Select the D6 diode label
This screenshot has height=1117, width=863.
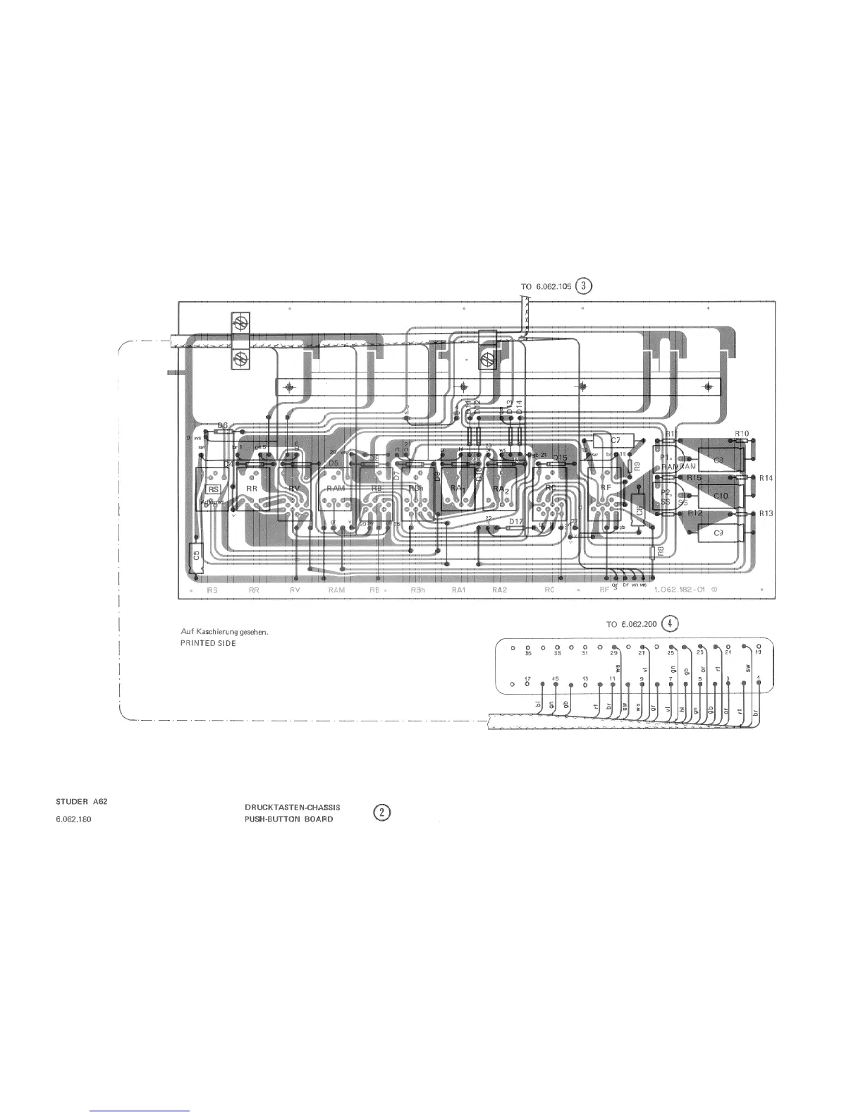point(223,425)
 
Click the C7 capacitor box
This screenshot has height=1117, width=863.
point(615,440)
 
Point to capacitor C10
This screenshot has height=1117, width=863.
point(721,496)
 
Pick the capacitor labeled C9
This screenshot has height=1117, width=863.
point(718,533)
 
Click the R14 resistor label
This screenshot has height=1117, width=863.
point(766,478)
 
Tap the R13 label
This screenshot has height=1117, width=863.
point(766,513)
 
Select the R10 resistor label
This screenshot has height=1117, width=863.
point(741,434)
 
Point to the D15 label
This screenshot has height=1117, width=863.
point(560,458)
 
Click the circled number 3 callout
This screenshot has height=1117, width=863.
point(584,286)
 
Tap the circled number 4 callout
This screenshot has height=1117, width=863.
point(671,624)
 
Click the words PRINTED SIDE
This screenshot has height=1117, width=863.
point(208,643)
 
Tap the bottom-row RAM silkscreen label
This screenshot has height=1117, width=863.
point(336,590)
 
